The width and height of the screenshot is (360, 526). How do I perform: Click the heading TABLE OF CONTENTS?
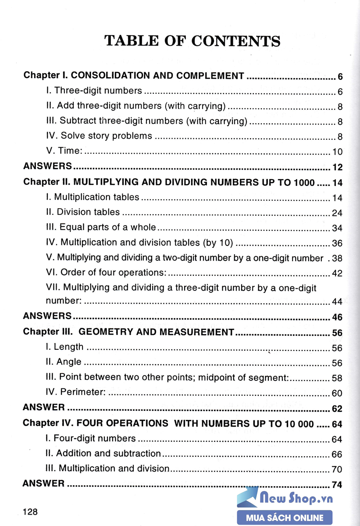click(192, 41)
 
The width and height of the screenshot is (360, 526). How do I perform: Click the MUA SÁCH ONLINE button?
click(285, 518)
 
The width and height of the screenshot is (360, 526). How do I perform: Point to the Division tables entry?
click(82, 212)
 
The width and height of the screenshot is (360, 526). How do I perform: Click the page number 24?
click(337, 213)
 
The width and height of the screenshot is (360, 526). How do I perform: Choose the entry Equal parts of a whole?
click(101, 227)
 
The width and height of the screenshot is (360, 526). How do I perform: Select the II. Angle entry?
click(64, 362)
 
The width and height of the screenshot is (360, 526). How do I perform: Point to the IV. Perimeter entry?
click(76, 392)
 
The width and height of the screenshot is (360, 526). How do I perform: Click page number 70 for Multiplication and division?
click(337, 469)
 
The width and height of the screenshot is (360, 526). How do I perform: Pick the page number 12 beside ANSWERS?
click(337, 167)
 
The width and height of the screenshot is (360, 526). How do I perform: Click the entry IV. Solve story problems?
click(99, 136)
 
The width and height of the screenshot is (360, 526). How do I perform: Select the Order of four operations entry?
click(106, 273)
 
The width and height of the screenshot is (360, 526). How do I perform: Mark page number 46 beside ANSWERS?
click(337, 317)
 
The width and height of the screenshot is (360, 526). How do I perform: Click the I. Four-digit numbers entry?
click(91, 438)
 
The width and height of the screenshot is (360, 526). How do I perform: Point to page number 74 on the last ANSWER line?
click(337, 485)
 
